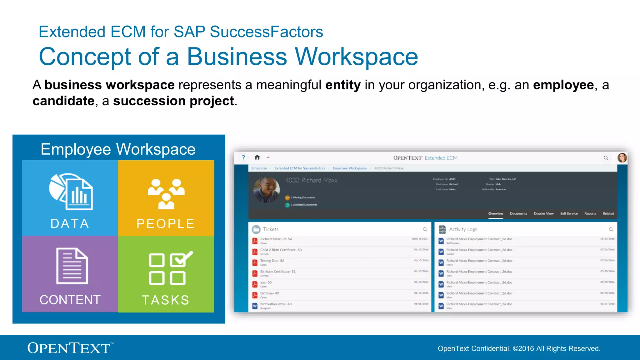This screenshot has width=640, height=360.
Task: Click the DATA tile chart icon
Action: [x=71, y=191]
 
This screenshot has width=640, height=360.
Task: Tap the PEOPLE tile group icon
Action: [x=166, y=194]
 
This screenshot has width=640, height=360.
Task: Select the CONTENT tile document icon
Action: [x=72, y=266]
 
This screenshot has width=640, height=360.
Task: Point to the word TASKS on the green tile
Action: [x=166, y=300]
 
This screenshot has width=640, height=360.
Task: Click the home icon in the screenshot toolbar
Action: [x=257, y=157]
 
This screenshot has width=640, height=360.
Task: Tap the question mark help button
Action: [x=243, y=158]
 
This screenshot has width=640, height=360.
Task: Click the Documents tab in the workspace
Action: [x=518, y=214]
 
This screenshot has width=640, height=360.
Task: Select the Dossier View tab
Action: [x=543, y=214]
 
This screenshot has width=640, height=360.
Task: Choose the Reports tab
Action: [x=590, y=214]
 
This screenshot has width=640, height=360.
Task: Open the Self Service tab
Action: [x=569, y=214]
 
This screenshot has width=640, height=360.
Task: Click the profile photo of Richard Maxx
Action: [x=266, y=190]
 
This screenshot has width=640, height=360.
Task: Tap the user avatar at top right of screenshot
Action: [x=622, y=158]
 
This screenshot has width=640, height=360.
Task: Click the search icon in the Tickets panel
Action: [x=425, y=229]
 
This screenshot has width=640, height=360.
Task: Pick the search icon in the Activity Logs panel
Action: [x=611, y=229]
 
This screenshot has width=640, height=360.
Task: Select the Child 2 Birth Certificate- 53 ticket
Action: [x=281, y=250]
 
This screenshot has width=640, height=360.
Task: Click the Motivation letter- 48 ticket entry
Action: [x=276, y=304]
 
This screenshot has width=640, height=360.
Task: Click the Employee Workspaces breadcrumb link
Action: [x=350, y=168]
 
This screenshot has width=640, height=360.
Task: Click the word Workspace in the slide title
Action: [x=356, y=57]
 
